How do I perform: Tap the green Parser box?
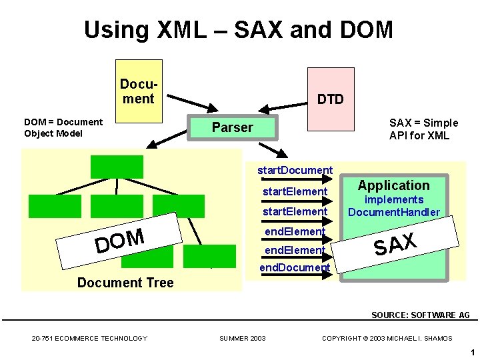[x=232, y=127]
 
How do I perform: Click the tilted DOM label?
[x=120, y=241]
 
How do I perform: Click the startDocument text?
[x=295, y=170]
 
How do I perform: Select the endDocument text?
[x=295, y=267]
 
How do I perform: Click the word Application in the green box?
[x=393, y=185]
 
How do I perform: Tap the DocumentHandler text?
[x=394, y=212]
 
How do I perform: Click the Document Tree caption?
[x=125, y=283]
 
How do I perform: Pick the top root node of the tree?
[x=117, y=167]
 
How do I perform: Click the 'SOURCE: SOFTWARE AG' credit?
[x=420, y=315]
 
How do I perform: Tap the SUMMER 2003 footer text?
[x=243, y=338]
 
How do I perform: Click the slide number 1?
[x=471, y=352]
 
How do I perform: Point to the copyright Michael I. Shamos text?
[x=387, y=338]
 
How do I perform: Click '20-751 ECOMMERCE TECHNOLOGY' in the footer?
[x=89, y=338]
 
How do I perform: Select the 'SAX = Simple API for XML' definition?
[x=423, y=129]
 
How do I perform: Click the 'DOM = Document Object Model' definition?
[x=63, y=127]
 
